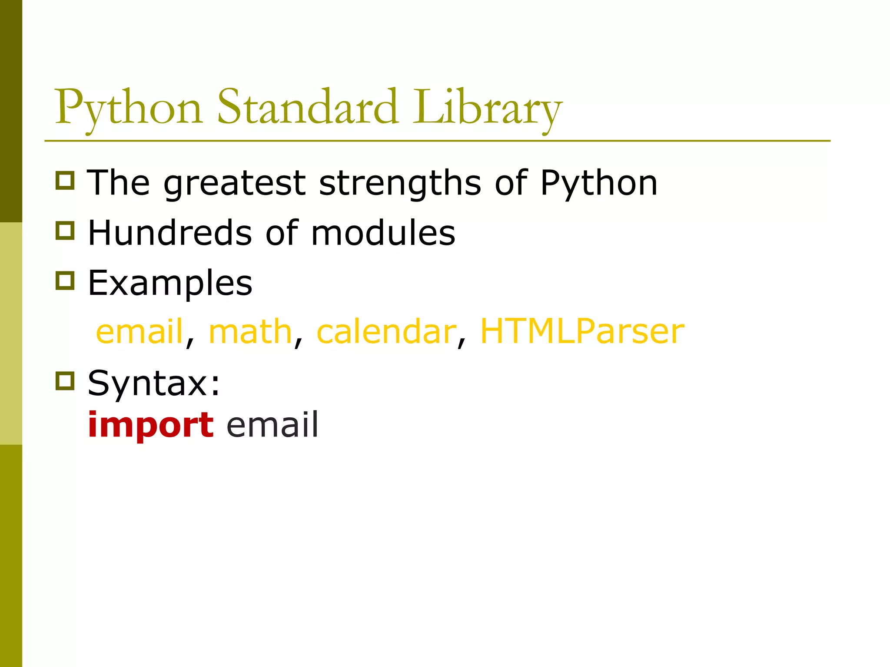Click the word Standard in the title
click(x=307, y=107)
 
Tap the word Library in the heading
click(x=487, y=109)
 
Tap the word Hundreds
click(x=170, y=233)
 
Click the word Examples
click(x=170, y=283)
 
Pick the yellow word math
click(x=250, y=332)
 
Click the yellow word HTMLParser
click(x=582, y=332)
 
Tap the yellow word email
click(x=139, y=332)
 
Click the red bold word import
click(x=150, y=426)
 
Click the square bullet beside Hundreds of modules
click(x=65, y=231)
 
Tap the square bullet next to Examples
click(x=65, y=281)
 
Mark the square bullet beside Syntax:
click(x=65, y=381)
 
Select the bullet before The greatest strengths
click(x=65, y=180)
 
